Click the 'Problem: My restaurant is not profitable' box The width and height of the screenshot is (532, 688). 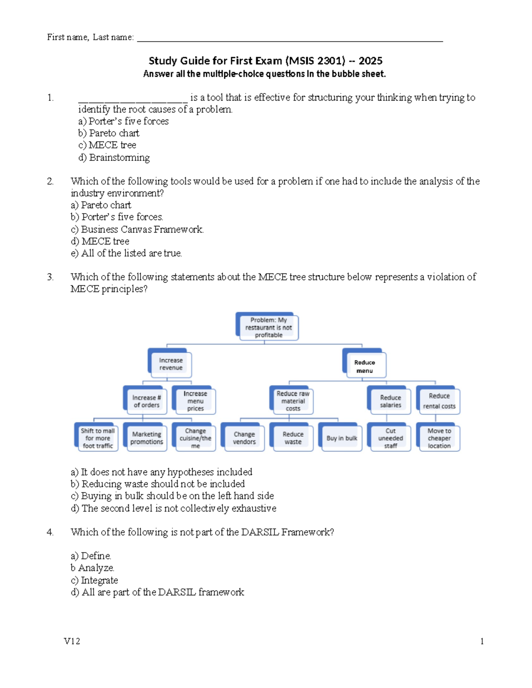point(268,327)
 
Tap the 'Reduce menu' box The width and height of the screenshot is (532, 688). point(365,366)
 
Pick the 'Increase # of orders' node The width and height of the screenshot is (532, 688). point(146,401)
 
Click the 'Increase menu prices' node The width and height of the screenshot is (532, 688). point(195,401)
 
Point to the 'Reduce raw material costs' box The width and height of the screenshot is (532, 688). point(293,401)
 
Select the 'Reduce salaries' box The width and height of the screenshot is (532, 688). point(391,401)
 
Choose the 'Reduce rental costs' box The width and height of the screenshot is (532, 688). point(439,401)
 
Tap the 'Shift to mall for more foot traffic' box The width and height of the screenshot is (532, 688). point(98,438)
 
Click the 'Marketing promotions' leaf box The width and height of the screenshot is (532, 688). point(146,438)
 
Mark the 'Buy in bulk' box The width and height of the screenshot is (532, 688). point(341,438)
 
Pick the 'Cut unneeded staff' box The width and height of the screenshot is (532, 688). point(391,438)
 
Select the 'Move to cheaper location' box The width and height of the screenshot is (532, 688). point(439,438)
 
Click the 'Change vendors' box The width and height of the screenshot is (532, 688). point(244,438)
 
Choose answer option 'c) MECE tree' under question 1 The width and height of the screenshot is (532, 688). point(107,145)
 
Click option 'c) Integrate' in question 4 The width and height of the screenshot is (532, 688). point(94,580)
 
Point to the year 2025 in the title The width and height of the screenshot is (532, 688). point(370,61)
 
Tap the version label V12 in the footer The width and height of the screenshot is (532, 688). point(72,641)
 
